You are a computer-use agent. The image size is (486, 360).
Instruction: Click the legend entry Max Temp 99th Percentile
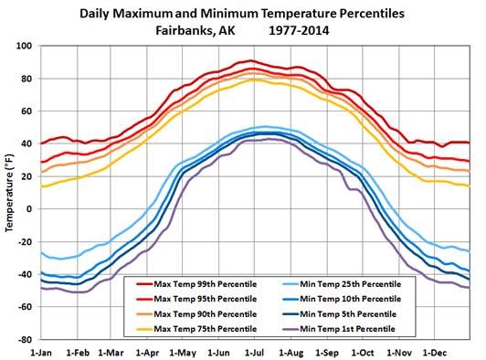(x=208, y=270)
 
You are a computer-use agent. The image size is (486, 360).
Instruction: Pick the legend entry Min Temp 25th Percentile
(x=352, y=270)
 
